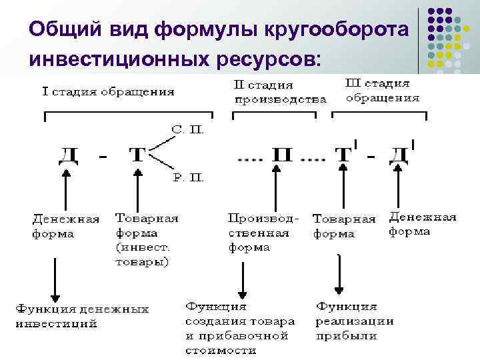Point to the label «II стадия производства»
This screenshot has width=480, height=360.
[x=279, y=92]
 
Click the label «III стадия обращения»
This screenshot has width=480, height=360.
[x=383, y=90]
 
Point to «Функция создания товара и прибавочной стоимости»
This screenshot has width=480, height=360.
[x=236, y=327]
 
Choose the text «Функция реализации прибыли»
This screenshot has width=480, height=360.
[x=353, y=320]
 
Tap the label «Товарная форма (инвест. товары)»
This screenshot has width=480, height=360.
[x=147, y=239]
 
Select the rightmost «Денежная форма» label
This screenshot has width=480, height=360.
[x=422, y=224]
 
